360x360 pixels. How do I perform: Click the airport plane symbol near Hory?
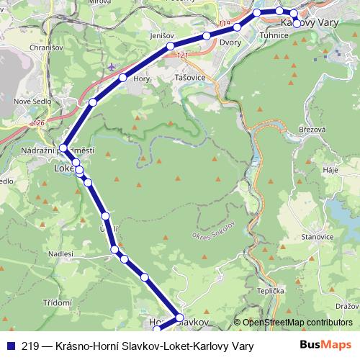(111, 66)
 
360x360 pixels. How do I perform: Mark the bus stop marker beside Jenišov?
(170, 46)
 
